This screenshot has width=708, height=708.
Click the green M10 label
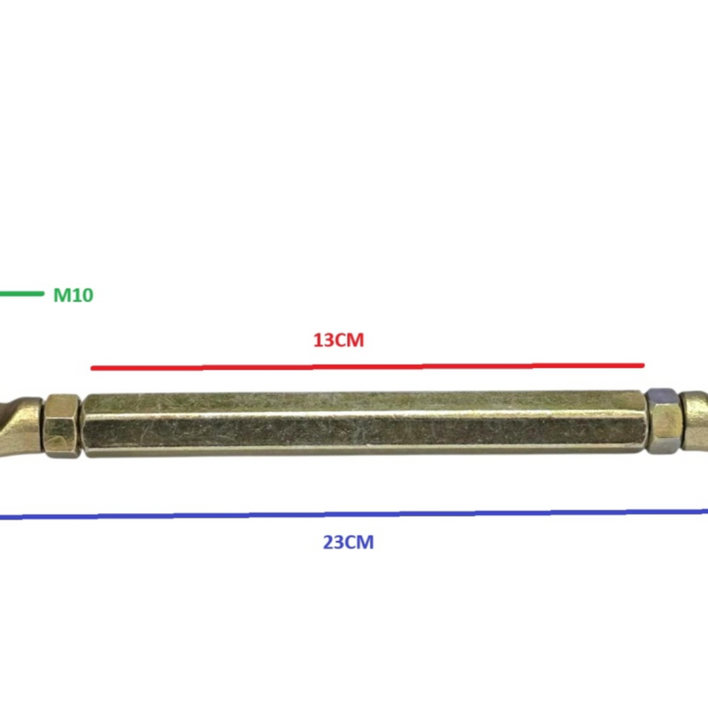73,295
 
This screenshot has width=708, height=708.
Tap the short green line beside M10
21,294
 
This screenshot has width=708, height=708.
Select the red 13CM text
339,340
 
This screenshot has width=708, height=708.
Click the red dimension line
367,366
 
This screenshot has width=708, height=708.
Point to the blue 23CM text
348,542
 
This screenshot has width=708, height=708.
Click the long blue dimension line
354,514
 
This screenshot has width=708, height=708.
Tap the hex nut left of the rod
62,426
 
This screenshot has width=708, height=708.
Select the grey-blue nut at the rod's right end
662,420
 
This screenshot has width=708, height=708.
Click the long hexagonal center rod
364,424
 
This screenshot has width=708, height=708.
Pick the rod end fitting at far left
20,427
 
